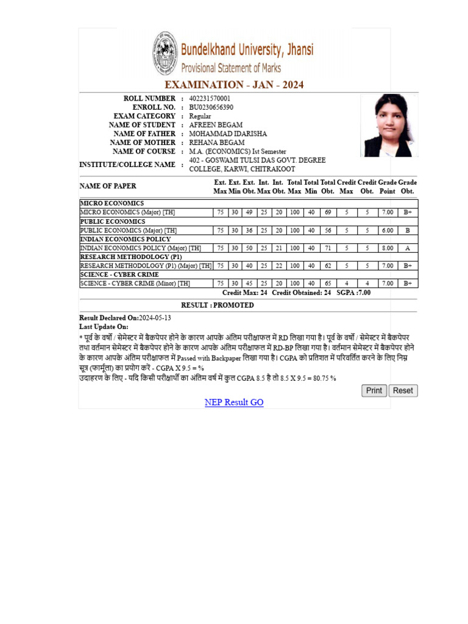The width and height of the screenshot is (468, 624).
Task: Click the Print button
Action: [374, 391]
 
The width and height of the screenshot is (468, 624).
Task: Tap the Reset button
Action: [403, 391]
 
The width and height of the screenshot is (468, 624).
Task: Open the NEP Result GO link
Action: [234, 402]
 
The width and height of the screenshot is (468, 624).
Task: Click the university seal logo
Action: [165, 54]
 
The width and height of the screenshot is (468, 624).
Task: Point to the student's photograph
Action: [388, 125]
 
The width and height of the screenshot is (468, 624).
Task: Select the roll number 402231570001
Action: [210, 99]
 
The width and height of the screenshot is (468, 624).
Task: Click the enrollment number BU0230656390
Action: [211, 107]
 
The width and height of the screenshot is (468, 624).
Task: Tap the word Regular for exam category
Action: [200, 116]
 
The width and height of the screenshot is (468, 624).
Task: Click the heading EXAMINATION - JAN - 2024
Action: [234, 85]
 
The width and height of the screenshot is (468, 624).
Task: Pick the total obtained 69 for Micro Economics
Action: [328, 213]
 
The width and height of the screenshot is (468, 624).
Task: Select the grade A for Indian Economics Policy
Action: [408, 248]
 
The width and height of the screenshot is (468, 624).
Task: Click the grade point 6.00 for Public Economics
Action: [387, 230]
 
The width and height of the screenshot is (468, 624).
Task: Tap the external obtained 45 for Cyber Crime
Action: [249, 283]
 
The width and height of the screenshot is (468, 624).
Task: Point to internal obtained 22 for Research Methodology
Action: [278, 266]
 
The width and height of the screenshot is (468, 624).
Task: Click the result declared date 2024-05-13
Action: [155, 318]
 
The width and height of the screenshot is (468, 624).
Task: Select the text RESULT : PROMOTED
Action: [218, 305]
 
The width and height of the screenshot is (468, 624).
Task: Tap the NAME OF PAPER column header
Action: [108, 186]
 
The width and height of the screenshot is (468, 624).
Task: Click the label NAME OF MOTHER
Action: [144, 143]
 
